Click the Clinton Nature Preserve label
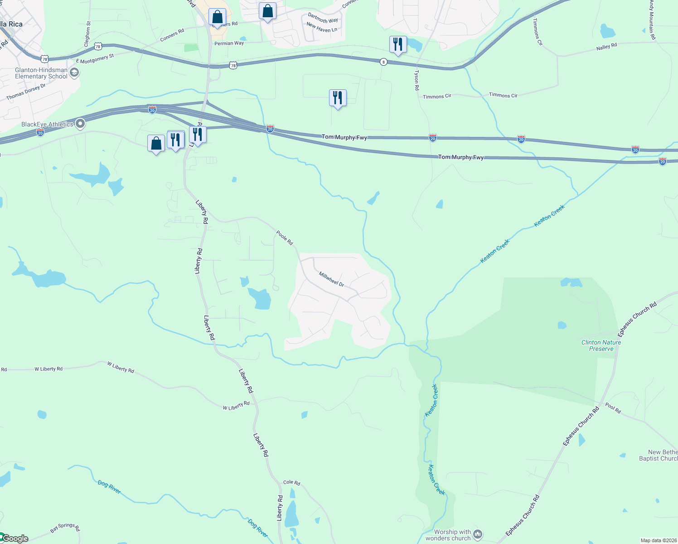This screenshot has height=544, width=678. tap(601, 345)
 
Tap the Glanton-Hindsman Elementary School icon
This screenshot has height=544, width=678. tap(75, 73)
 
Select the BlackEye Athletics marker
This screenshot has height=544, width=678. tap(80, 124)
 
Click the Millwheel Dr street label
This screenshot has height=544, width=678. tap(331, 279)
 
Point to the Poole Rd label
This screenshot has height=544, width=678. tap(285, 238)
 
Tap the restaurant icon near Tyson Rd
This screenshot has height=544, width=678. tap(398, 44)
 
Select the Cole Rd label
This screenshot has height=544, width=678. tap(291, 482)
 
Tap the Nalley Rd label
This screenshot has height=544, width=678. tap(606, 47)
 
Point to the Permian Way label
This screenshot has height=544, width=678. tap(229, 44)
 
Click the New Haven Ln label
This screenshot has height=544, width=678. tap(322, 28)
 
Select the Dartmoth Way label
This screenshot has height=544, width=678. tap(323, 18)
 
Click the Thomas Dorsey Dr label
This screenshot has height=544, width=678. tap(26, 92)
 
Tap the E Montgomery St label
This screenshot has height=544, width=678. tap(95, 58)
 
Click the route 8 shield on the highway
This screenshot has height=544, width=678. tap(383, 62)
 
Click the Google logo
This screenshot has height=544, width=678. tap(15, 539)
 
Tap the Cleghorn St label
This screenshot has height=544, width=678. tap(87, 34)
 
